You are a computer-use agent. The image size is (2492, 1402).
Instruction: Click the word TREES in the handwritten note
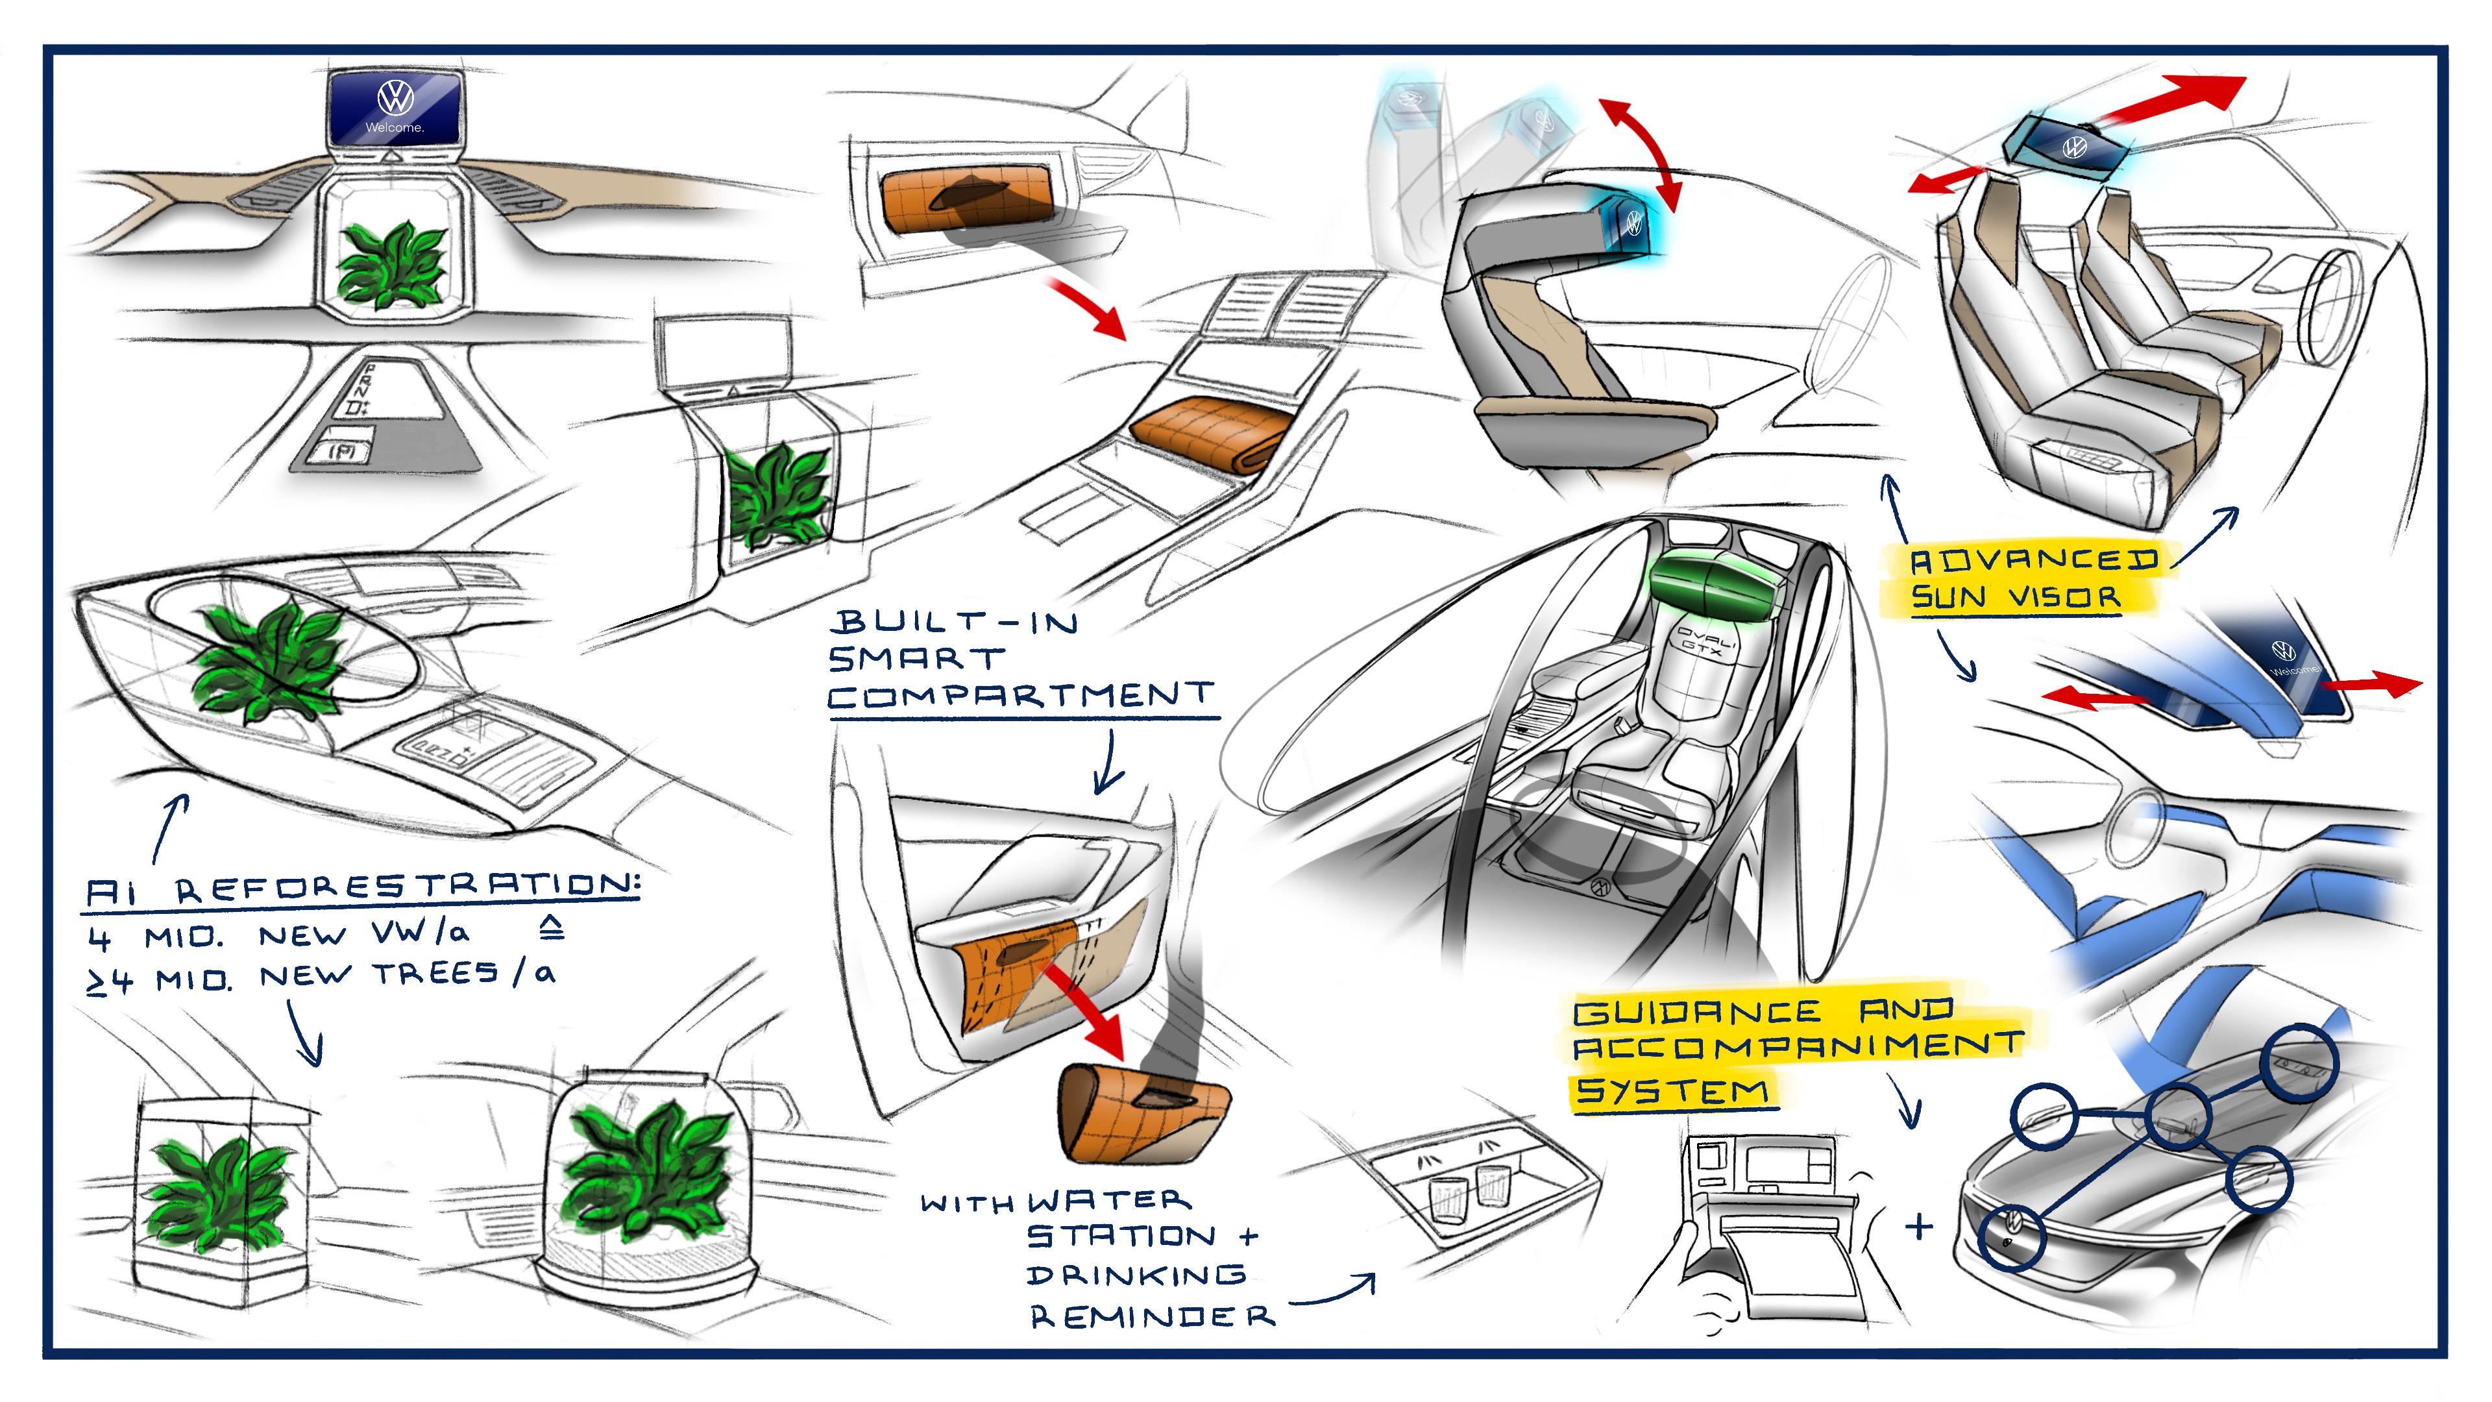click(x=437, y=974)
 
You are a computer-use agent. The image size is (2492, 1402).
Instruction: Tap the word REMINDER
click(x=1151, y=1316)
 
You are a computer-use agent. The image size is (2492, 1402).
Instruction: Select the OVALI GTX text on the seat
click(x=1705, y=643)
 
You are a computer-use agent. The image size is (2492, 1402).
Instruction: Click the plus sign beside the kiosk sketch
click(x=1918, y=1226)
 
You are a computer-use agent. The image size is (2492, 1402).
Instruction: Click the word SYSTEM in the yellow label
click(x=1672, y=1091)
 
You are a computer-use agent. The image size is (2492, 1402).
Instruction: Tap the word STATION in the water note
click(x=1120, y=1236)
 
